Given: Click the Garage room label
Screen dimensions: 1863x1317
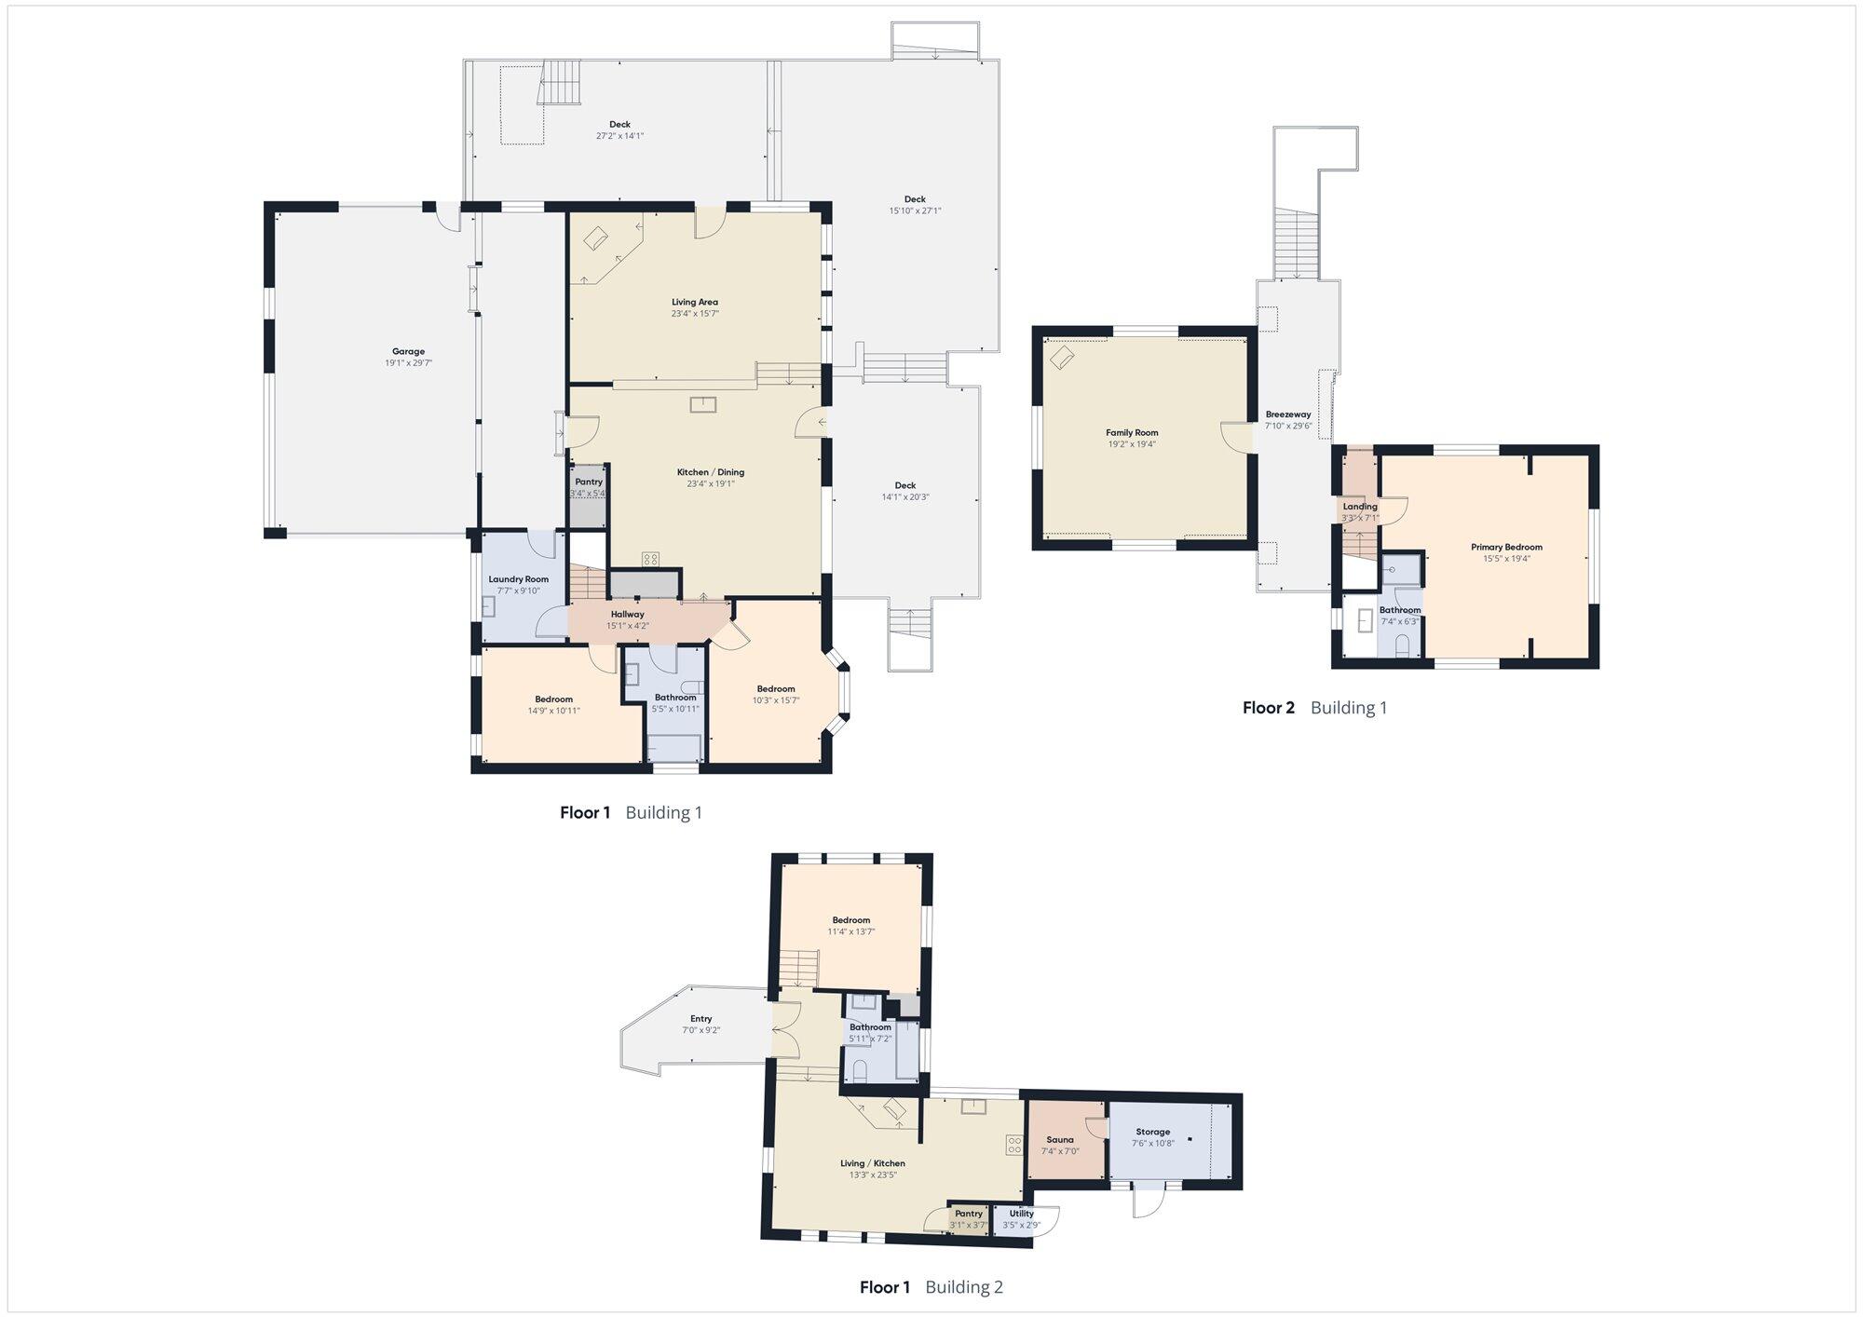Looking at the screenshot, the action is pos(408,351).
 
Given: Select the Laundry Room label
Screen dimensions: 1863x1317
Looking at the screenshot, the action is pos(519,579).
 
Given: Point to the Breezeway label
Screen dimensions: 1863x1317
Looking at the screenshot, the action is pos(1288,414).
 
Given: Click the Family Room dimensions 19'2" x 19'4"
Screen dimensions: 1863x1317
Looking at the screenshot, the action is pos(1132,444).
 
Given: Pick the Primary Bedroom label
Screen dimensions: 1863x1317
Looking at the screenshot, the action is pos(1506,547).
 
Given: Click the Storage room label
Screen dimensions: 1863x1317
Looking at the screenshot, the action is pos(1153,1132).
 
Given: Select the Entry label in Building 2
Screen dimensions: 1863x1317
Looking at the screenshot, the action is pos(701,1019).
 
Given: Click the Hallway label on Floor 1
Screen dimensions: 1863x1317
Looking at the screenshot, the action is pos(628,615).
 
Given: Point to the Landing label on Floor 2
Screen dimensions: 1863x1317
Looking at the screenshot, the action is pos(1360,507).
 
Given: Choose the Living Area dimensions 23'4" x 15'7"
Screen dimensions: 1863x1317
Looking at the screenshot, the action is pos(695,314).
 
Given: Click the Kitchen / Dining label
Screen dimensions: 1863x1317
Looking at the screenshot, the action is pos(711,472).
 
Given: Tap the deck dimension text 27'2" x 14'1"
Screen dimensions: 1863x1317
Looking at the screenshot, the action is pos(619,136).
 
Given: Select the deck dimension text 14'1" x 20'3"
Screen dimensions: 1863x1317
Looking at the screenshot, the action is pos(905,497).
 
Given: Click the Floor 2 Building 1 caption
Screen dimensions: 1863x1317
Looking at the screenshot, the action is pos(1314,708).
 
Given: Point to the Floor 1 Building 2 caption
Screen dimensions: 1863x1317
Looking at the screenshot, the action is pos(931,1287).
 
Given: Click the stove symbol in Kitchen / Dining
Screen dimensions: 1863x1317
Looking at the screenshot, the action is pos(650,559).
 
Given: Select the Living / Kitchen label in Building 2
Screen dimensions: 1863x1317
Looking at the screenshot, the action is pos(872,1163).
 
